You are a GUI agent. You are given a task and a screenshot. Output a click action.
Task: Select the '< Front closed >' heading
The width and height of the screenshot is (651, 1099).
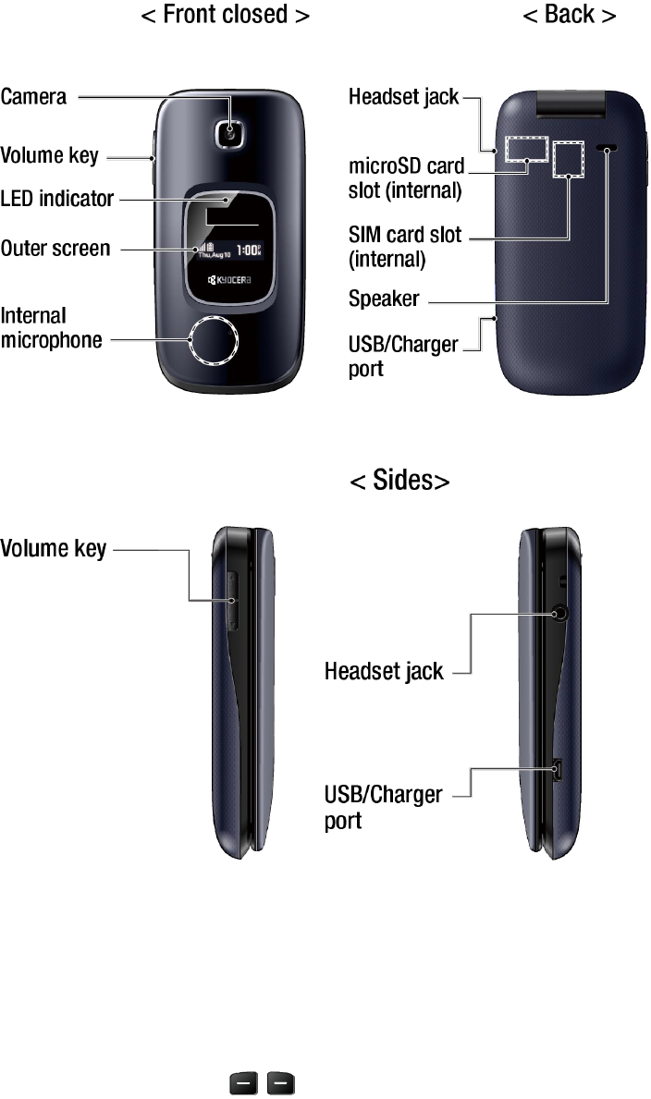click(x=225, y=16)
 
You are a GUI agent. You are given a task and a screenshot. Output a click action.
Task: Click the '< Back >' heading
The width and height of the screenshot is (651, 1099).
click(x=569, y=16)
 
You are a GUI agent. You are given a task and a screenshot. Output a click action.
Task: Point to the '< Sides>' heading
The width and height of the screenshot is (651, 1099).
click(x=399, y=481)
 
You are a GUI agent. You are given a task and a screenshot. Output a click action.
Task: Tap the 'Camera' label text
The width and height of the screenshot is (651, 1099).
click(x=33, y=95)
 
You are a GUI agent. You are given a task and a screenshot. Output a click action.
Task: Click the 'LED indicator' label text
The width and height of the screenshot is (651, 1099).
click(x=57, y=199)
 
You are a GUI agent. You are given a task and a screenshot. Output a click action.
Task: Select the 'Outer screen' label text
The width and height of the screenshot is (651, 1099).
click(x=55, y=249)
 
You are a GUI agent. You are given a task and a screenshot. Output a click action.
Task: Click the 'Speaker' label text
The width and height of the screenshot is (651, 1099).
click(x=384, y=299)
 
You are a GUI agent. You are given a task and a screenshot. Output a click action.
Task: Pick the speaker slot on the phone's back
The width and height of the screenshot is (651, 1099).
click(x=608, y=148)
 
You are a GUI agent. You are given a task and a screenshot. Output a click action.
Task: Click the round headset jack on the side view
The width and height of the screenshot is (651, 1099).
click(x=559, y=612)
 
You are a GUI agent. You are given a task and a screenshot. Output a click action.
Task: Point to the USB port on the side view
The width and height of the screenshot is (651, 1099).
click(x=558, y=769)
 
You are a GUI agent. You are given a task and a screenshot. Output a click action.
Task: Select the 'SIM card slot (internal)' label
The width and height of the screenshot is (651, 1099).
click(x=404, y=247)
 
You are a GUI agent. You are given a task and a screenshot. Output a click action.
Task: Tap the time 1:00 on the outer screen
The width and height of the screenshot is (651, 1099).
click(x=248, y=249)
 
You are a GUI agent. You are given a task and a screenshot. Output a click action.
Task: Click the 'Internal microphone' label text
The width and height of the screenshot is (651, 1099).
click(x=51, y=328)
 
